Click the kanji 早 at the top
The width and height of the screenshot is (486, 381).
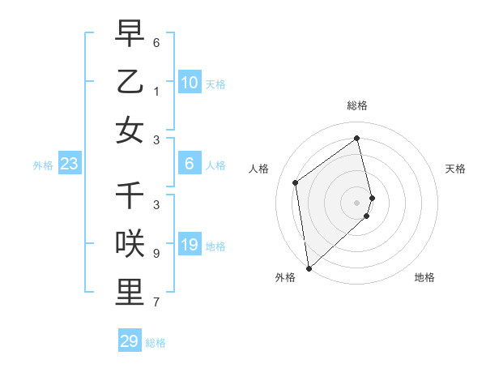[130, 35]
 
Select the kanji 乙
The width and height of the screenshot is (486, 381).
[130, 82]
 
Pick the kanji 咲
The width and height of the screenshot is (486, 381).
[130, 244]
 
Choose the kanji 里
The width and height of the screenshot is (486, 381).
[130, 292]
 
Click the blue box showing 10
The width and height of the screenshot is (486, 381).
[189, 83]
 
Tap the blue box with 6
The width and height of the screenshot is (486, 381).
[189, 165]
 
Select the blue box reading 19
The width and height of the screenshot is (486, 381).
[189, 246]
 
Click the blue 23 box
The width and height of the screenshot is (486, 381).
[69, 165]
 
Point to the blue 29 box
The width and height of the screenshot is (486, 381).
[130, 341]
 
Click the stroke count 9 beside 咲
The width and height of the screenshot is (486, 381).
[156, 254]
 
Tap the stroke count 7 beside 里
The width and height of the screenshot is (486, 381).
[156, 302]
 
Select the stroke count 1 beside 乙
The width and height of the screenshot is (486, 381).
[156, 92]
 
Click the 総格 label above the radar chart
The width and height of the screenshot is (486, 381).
[357, 105]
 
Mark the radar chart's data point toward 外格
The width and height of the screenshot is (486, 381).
[309, 268]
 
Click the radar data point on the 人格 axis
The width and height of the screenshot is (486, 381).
[296, 182]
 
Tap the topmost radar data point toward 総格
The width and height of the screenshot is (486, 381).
[357, 138]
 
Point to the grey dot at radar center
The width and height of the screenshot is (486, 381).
[357, 201]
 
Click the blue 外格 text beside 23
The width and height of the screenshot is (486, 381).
[43, 165]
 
